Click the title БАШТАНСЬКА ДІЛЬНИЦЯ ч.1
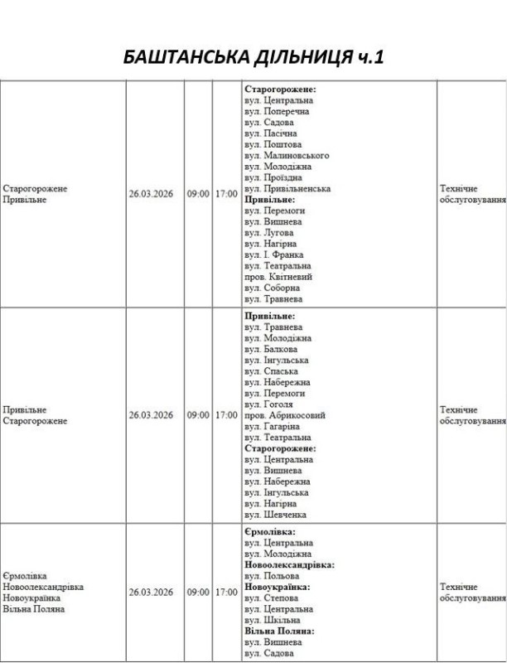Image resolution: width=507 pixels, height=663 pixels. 253,58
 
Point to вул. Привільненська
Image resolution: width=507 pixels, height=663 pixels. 287,188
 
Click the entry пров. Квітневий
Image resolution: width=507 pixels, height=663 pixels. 277,277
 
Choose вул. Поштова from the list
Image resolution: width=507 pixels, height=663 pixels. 272,144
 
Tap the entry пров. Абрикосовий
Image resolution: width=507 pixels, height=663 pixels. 284,415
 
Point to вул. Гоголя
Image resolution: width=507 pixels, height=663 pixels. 269,404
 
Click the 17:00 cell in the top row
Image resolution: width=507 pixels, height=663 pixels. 226,194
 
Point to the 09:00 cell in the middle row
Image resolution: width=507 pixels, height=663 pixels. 198,415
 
